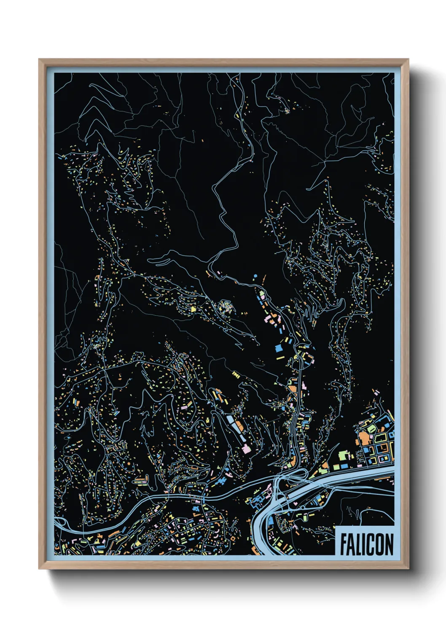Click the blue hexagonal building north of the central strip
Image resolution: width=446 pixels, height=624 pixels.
pos(255,276)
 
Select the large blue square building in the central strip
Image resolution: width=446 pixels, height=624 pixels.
pos(278,348)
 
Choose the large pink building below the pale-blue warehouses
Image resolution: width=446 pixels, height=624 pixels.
pos(246,448)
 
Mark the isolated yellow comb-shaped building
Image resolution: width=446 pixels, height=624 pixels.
pos(236,374)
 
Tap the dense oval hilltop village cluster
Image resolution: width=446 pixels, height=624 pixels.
pos(226,307)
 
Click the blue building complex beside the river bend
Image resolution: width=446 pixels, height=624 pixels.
pos(257,501)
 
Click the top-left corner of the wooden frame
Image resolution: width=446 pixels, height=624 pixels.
pos(39,59)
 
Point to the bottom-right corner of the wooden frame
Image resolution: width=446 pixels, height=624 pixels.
pos(408,568)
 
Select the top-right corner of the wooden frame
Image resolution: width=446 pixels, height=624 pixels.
pos(408,59)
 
